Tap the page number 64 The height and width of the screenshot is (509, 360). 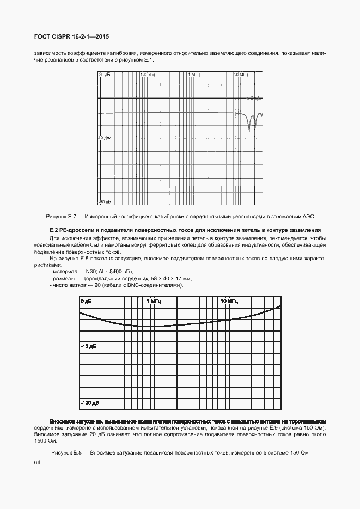(x=38, y=463)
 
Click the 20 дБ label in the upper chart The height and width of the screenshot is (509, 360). (x=105, y=74)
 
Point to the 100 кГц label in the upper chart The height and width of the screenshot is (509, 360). (x=148, y=74)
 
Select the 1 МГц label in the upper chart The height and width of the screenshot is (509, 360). (x=194, y=74)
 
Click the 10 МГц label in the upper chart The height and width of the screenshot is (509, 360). (x=241, y=74)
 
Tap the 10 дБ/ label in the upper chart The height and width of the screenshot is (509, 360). (x=105, y=138)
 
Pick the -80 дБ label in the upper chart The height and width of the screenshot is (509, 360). (x=105, y=202)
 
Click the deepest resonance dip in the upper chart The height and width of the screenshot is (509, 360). (x=251, y=130)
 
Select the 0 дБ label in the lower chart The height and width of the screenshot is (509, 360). (x=87, y=301)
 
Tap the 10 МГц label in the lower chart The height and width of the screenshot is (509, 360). (x=229, y=301)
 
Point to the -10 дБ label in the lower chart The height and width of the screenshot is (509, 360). (x=88, y=346)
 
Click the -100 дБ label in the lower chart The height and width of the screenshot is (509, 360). (x=90, y=403)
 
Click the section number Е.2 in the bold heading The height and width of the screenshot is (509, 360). (x=54, y=230)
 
